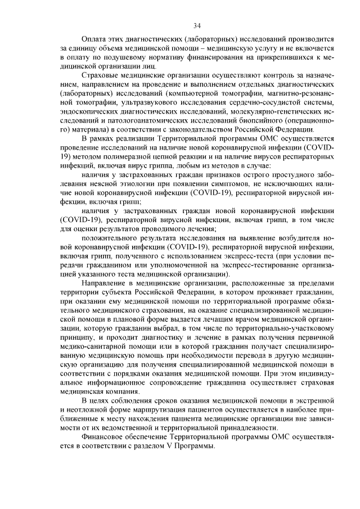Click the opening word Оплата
click(x=94, y=40)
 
